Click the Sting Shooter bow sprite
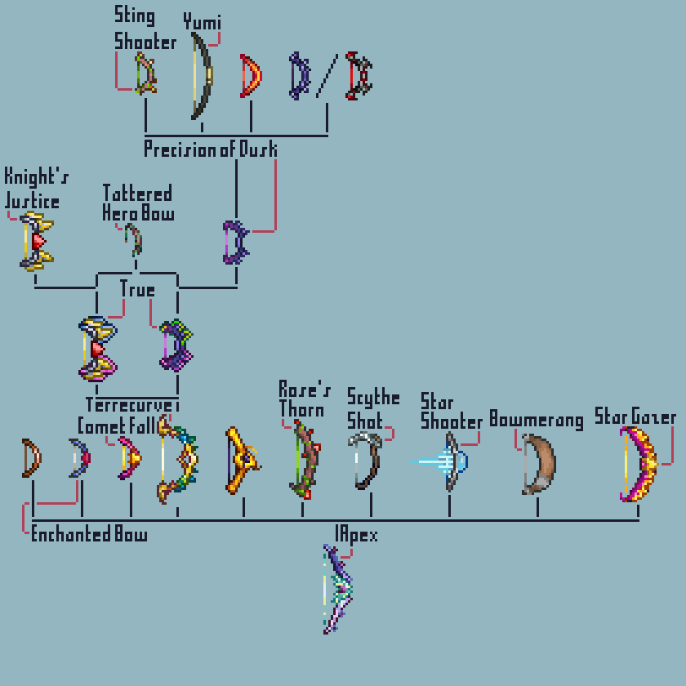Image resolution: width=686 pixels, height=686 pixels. coord(145,73)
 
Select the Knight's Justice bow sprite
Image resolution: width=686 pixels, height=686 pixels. coord(36,242)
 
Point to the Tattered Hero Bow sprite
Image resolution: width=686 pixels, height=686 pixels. coord(135,239)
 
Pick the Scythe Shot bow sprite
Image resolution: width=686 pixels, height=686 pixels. coord(367,461)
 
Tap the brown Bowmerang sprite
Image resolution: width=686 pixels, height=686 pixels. coord(538,465)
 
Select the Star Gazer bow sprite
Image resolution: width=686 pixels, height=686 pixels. coord(639,464)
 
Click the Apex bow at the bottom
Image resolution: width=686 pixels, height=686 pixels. coord(338,589)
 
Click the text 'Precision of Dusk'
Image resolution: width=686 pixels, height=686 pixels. coord(210,149)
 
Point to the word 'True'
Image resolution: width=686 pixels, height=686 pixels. coord(137,289)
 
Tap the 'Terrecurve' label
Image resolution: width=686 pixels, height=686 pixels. coord(129,406)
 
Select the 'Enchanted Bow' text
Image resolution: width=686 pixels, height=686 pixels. coord(89,535)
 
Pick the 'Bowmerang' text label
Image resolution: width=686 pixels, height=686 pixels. coord(536,421)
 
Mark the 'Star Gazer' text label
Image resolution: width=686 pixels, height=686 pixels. coord(635,417)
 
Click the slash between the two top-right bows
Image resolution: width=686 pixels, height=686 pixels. coord(325,76)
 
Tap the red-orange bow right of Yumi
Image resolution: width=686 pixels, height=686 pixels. coord(251,76)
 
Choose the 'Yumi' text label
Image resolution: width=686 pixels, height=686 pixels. coord(202,22)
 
